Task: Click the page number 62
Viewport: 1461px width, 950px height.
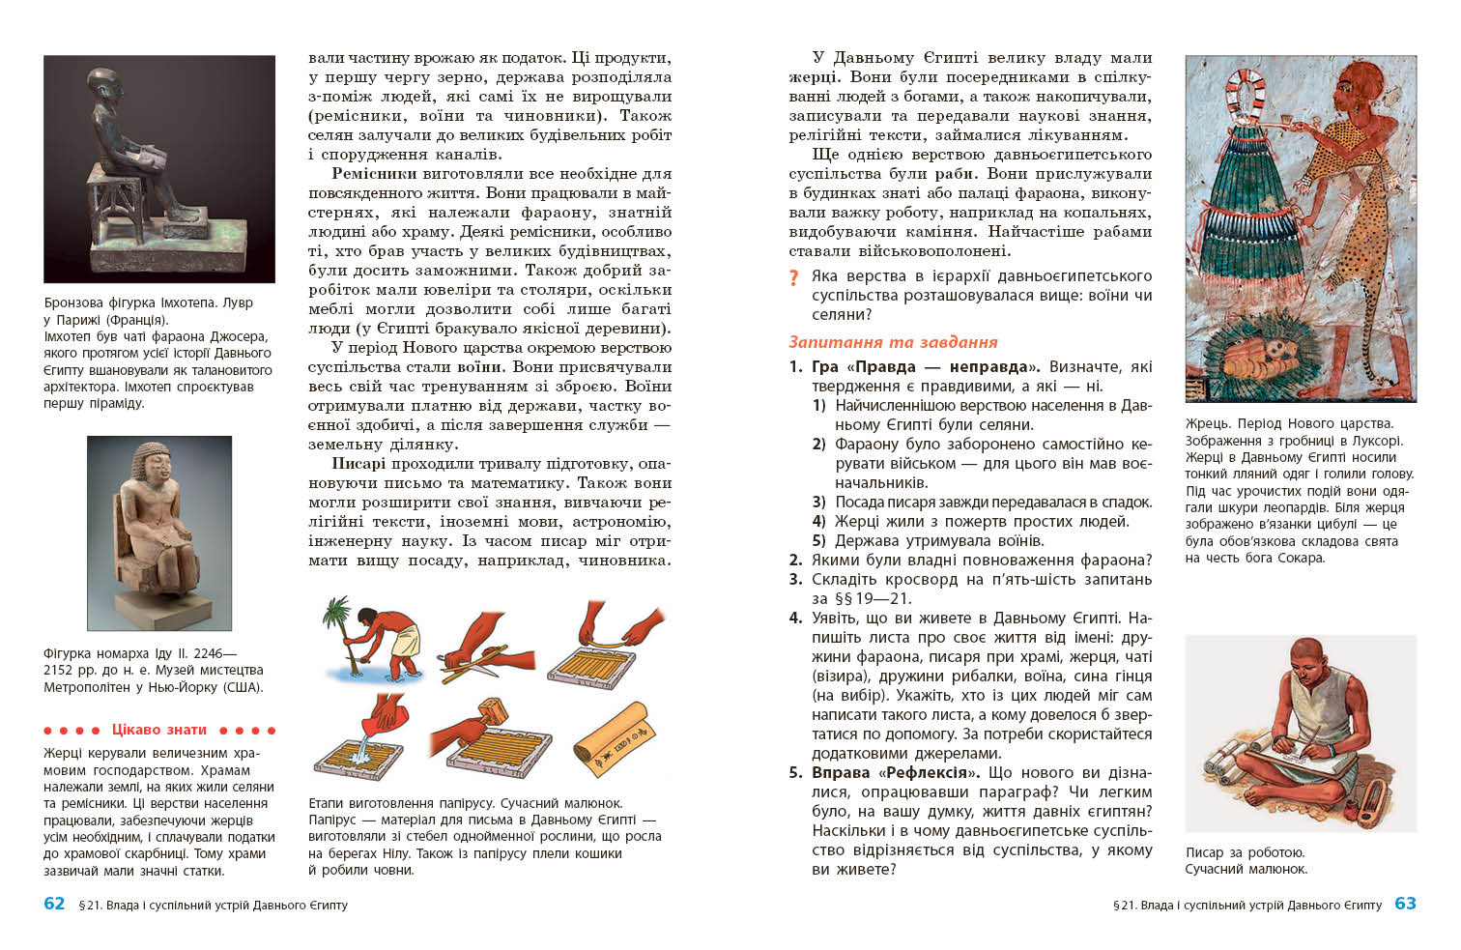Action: tap(54, 904)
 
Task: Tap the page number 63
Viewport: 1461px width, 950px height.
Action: tap(1405, 904)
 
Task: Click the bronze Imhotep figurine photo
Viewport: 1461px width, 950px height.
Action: tap(159, 169)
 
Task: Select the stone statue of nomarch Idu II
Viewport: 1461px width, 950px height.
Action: tap(159, 532)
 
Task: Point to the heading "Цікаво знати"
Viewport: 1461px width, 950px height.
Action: tap(159, 730)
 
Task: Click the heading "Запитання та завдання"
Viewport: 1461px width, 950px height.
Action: tap(893, 342)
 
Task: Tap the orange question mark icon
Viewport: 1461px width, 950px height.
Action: tap(794, 278)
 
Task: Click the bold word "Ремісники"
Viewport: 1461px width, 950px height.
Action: tap(374, 174)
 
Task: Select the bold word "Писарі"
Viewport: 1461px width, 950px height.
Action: tap(358, 464)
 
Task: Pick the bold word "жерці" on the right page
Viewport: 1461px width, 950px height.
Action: tap(813, 77)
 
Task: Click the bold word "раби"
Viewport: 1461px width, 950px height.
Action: tap(956, 174)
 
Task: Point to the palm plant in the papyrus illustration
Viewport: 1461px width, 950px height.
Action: tap(337, 619)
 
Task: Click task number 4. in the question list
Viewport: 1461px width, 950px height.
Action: tap(795, 619)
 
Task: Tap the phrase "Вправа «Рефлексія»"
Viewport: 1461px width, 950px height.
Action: tap(896, 773)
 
